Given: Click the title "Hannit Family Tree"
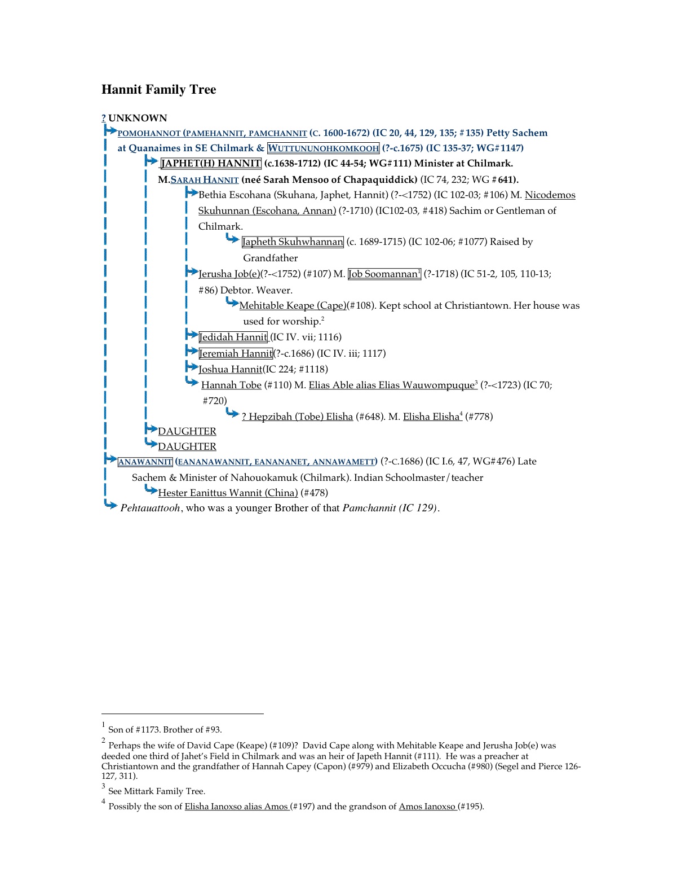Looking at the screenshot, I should (x=158, y=90).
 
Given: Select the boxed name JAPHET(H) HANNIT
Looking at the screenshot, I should (x=211, y=164).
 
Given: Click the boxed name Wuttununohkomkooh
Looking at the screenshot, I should (x=323, y=148).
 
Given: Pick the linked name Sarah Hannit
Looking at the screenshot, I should (x=205, y=179).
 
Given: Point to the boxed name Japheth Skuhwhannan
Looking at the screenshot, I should (x=293, y=242).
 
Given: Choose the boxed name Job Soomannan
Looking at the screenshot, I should (x=384, y=274).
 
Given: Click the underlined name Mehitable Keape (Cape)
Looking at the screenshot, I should (x=293, y=305).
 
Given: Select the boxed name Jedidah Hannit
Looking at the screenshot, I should (x=233, y=337).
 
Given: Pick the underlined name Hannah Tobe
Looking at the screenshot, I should (x=231, y=385).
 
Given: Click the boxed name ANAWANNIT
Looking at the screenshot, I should (x=145, y=462).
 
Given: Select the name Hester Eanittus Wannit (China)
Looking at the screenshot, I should (x=228, y=493).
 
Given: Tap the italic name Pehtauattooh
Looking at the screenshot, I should (x=150, y=508).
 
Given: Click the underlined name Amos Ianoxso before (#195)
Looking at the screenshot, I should (x=427, y=807).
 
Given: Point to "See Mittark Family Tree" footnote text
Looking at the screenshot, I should (x=157, y=791).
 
